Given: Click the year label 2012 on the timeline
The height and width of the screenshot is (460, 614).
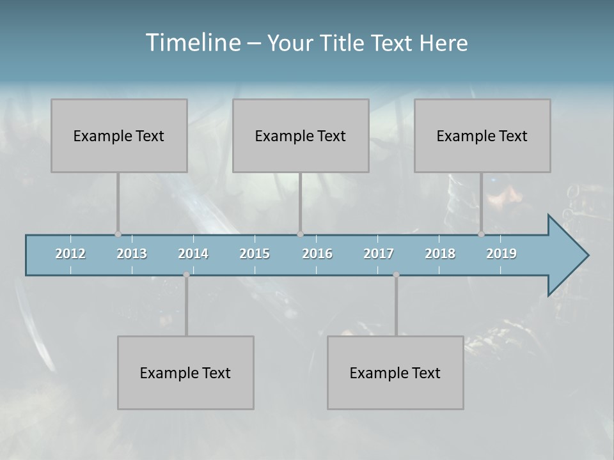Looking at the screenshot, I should [x=70, y=254].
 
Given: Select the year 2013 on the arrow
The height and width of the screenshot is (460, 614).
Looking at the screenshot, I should [x=132, y=254].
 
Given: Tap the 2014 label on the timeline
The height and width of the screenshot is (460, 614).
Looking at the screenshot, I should [x=193, y=254].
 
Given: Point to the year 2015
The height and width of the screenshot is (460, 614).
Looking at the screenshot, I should [x=255, y=254].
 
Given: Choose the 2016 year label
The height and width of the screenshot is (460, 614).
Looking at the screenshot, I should [x=317, y=254].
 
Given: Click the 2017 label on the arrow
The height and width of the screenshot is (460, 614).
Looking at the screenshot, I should [x=379, y=254].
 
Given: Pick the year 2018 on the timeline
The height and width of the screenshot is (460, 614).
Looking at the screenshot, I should [x=440, y=254].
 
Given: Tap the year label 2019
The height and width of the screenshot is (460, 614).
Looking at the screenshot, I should [x=501, y=254].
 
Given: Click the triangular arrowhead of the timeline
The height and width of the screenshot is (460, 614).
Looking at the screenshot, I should [x=566, y=256].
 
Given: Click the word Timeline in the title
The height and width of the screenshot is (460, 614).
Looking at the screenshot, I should [x=193, y=43].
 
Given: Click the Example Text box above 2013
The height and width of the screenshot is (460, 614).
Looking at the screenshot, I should [x=119, y=135].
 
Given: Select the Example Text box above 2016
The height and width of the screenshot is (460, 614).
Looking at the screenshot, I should [x=301, y=135].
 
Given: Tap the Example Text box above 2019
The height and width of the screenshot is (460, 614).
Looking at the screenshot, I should [x=482, y=135].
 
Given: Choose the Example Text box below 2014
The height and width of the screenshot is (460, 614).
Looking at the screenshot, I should [x=185, y=372].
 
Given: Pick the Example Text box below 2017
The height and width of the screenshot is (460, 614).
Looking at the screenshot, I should [x=395, y=372].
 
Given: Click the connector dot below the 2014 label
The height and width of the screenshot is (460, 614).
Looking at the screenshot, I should [x=186, y=275].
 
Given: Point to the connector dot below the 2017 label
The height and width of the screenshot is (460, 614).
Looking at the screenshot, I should [x=396, y=275].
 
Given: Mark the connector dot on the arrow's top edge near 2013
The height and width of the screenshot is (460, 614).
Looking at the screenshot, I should [x=118, y=234].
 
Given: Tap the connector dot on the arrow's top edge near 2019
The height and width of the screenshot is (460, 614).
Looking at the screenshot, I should [x=481, y=234].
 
